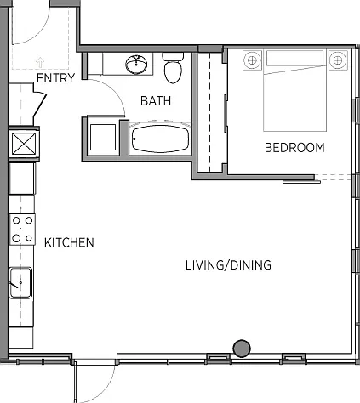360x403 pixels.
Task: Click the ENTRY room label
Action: pos(56,78)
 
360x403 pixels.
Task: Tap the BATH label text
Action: pos(156,101)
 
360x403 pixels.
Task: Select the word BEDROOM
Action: pos(294,148)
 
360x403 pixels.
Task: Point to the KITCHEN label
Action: pos(69,242)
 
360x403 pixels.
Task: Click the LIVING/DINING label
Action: pos(228,265)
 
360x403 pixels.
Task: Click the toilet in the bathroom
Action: pos(173,68)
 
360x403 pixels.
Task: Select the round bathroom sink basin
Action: pos(136,65)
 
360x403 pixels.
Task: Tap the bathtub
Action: pos(160,139)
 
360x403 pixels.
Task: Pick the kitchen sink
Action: pos(20,283)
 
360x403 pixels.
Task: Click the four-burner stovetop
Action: pos(22,230)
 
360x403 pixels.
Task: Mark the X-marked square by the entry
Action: pos(24,144)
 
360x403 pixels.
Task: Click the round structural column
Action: pos(242,349)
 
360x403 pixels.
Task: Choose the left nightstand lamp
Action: pos(252,60)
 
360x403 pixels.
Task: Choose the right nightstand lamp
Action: pos(338,60)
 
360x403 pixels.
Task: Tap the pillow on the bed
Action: pos(294,58)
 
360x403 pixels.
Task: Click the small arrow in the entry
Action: pos(40,62)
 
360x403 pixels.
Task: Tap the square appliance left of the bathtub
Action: pos(103,137)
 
